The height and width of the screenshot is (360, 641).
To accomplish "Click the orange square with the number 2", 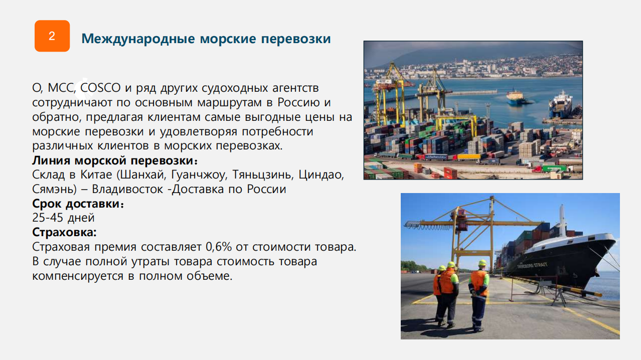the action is [52, 36].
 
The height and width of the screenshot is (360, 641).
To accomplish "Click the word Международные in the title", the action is [138, 39].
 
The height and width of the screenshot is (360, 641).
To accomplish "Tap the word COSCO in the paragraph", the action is [100, 88].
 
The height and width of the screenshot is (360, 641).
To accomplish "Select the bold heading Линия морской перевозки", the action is [115, 160].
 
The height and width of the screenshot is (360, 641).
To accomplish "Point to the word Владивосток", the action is [127, 189].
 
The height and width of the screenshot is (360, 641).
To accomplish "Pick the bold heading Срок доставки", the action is [78, 204].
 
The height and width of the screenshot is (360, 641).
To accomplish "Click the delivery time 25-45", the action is [48, 218].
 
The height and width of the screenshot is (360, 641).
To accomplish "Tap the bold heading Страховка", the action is [64, 232].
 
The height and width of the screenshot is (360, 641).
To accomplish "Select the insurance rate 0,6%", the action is [219, 247].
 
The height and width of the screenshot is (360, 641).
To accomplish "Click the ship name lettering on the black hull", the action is [533, 265].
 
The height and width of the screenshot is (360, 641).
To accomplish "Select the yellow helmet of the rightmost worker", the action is [483, 262].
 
